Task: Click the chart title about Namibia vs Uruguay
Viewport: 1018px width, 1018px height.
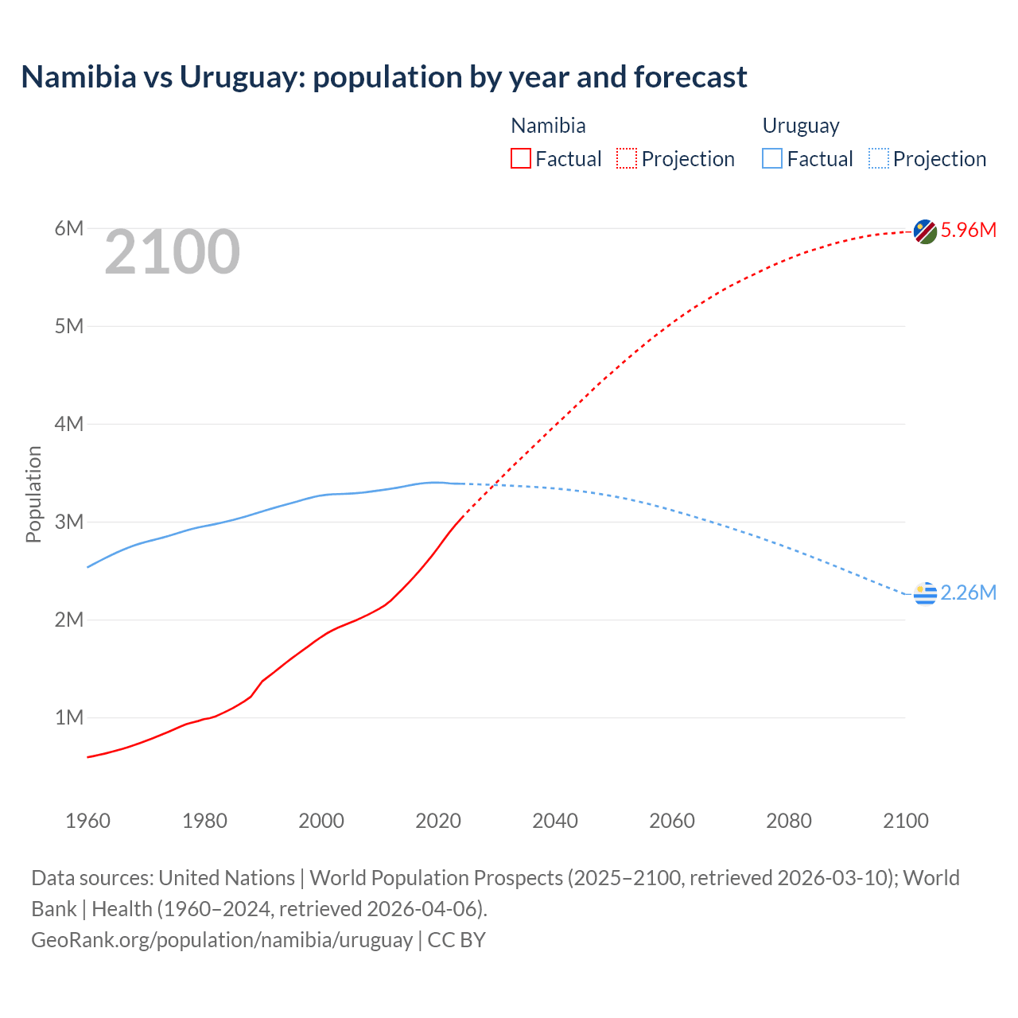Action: click(x=383, y=77)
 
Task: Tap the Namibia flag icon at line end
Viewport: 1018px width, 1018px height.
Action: click(x=925, y=231)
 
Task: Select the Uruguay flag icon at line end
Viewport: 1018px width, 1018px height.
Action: click(x=925, y=593)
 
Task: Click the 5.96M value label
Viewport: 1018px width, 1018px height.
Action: click(x=968, y=231)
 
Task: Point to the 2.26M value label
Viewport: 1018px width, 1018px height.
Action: click(x=968, y=593)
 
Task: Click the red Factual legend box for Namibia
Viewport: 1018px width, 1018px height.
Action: click(x=521, y=159)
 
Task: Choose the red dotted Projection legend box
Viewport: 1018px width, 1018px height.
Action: click(x=627, y=159)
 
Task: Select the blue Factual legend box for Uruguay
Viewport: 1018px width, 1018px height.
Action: click(x=772, y=159)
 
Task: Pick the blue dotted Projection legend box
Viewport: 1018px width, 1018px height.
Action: click(x=879, y=159)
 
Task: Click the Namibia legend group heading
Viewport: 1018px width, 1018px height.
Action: click(x=548, y=126)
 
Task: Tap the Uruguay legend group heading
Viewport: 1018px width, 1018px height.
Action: click(x=801, y=126)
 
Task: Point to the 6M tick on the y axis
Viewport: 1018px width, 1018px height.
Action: click(x=69, y=229)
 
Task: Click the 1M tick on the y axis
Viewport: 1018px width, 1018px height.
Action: click(x=69, y=718)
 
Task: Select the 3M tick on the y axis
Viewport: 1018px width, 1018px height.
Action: click(x=69, y=523)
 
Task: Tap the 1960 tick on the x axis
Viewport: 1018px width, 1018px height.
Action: click(x=87, y=821)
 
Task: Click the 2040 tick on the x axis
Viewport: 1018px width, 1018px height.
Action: click(x=555, y=821)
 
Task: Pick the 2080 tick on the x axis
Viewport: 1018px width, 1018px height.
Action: click(x=789, y=821)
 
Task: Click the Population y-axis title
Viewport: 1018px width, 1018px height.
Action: click(x=33, y=494)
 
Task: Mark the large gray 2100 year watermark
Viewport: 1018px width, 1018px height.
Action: click(x=172, y=252)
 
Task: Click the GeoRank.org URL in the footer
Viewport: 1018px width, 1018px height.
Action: click(x=222, y=940)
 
